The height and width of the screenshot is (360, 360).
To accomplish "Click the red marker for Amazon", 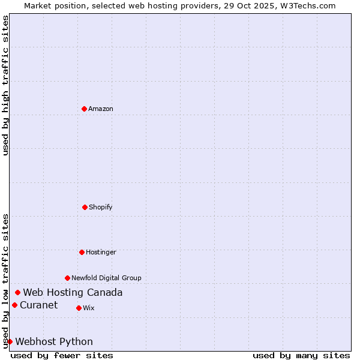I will point(84,109).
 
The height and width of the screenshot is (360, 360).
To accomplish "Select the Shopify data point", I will point(85,207).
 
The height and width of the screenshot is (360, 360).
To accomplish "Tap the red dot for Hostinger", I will point(82,252).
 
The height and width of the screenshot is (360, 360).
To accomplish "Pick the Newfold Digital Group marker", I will point(67,278).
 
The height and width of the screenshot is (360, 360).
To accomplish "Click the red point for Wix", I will point(79,308).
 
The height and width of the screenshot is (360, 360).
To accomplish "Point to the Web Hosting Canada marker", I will point(18,292).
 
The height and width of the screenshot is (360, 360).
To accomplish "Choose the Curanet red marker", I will point(14,305).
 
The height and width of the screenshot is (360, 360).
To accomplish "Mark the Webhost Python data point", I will point(10,341).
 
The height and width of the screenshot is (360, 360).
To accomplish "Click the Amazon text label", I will point(101,109).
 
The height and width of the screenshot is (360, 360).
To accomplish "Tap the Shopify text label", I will point(101,207).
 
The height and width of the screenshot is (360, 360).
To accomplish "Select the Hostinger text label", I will point(101,252).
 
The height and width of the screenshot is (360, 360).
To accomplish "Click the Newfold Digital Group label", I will point(106,278).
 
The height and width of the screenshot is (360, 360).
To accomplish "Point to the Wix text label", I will point(89,308).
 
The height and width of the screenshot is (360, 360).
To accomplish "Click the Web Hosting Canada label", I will point(73,292).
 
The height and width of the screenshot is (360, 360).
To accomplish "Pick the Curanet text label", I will point(39,305).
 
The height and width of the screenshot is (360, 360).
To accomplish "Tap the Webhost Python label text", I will point(54,341).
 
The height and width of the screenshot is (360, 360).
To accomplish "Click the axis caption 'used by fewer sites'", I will point(62,355).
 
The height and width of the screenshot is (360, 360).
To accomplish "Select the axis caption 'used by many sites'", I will point(301,355).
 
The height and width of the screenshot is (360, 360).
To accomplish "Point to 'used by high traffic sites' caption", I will point(6,85).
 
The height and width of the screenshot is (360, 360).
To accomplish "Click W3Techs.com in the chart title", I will point(306,5).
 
